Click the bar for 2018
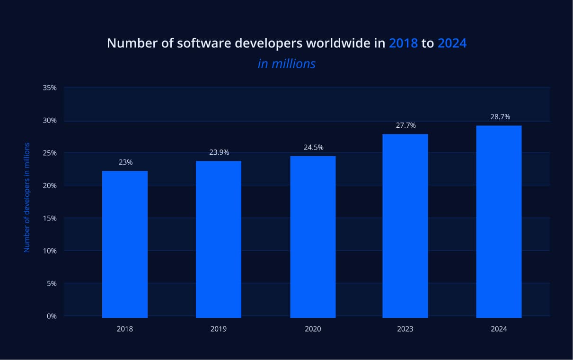click(125, 244)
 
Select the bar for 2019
click(219, 239)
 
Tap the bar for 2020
click(313, 237)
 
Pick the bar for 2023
click(405, 226)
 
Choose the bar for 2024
click(499, 221)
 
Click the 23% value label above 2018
click(126, 162)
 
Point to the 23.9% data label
click(219, 152)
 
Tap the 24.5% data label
click(313, 147)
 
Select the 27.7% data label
click(406, 125)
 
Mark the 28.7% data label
click(500, 117)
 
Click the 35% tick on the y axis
click(50, 88)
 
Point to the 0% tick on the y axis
click(52, 316)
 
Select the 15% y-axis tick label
click(50, 218)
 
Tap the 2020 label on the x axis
click(313, 329)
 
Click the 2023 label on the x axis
click(405, 329)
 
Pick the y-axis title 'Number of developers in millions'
click(27, 197)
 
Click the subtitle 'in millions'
click(286, 63)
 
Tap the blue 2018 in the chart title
click(403, 43)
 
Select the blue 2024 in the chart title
click(452, 43)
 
